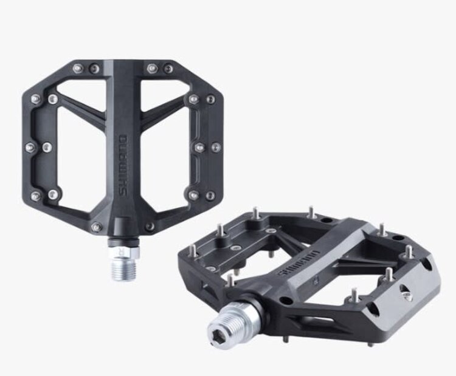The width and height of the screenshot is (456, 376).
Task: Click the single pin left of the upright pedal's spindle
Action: (x=95, y=227)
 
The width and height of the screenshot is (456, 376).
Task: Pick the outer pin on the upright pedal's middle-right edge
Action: (x=215, y=146)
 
